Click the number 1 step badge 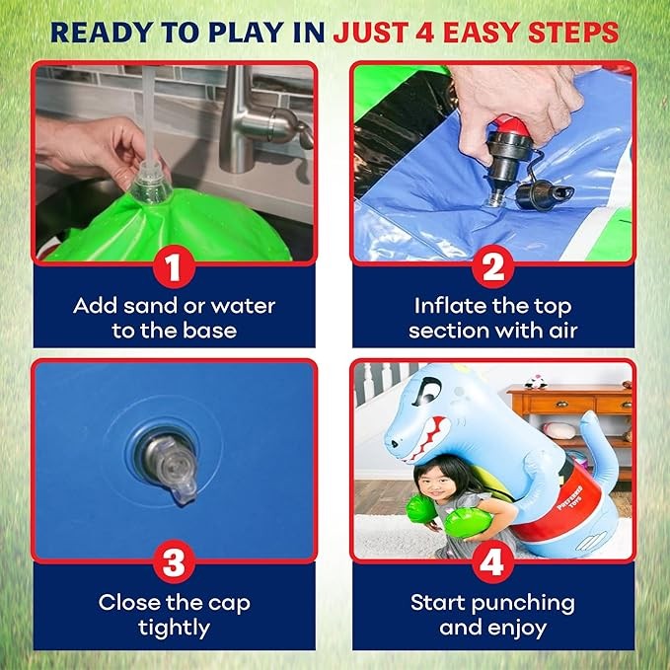tap(174, 267)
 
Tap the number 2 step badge tap(493, 267)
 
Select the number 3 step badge tap(174, 561)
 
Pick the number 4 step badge tap(493, 561)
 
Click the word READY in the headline tap(102, 32)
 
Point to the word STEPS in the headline tap(573, 32)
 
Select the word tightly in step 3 tap(174, 629)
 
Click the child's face tap(440, 484)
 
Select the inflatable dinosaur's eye tap(424, 392)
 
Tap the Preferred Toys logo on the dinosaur tap(570, 496)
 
